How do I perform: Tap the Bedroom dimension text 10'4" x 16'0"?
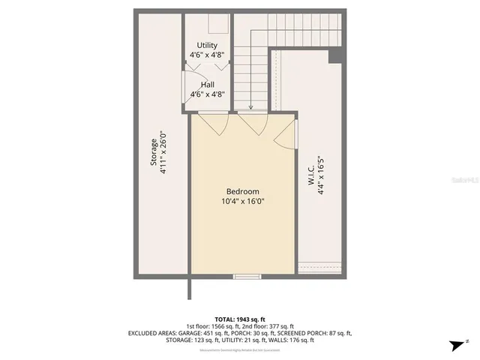(x=243, y=201)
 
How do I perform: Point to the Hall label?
(x=207, y=85)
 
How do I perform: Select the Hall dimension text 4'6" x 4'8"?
(x=208, y=94)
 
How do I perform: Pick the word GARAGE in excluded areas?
(x=203, y=332)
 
